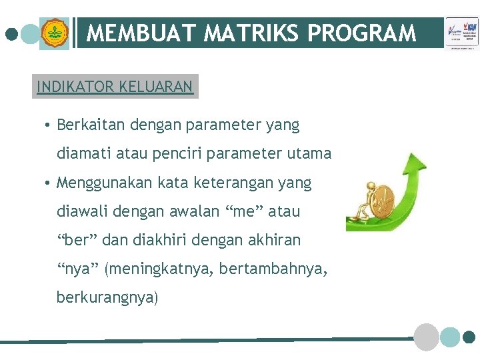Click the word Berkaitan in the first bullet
89,125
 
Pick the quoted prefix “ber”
75,240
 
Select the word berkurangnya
107,297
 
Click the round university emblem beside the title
54,33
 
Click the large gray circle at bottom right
426,337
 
